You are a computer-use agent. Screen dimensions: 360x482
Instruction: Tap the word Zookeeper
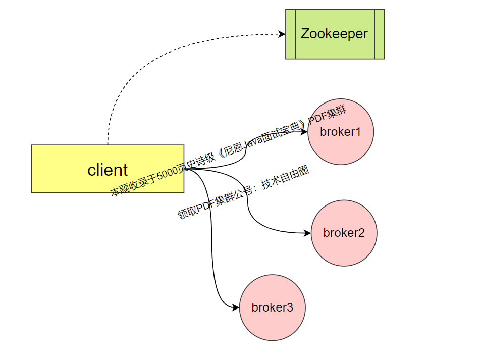pos(334,34)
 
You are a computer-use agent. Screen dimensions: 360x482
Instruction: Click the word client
pos(108,170)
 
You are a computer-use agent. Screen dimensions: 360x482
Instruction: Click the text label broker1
pos(340,132)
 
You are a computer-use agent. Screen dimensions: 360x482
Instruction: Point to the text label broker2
pos(344,233)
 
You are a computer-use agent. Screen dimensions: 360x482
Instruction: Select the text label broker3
pos(272,307)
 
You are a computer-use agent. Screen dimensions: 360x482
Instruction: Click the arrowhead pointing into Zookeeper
pos(282,34)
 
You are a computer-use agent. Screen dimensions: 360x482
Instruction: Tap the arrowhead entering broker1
pos(304,131)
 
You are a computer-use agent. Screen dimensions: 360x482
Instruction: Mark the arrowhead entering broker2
pos(308,233)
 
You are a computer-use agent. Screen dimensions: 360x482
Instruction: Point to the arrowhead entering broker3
pos(236,307)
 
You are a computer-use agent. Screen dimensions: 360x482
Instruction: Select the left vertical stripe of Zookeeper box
pos(291,34)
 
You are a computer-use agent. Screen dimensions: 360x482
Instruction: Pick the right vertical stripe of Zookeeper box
pos(380,34)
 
